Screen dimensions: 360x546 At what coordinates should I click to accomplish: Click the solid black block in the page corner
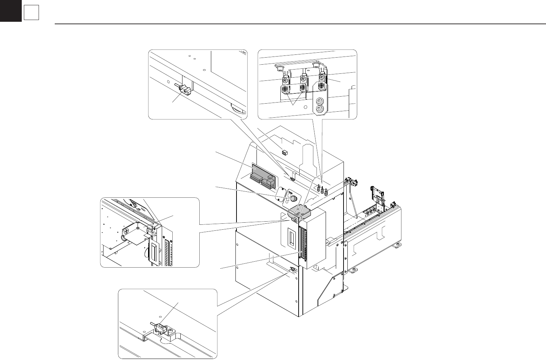(11, 11)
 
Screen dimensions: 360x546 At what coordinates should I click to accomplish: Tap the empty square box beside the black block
(31, 13)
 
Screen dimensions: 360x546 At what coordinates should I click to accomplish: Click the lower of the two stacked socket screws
(319, 110)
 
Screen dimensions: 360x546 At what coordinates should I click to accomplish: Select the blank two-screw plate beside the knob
(281, 193)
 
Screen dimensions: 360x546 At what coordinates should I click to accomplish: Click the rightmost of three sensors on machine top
(326, 192)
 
